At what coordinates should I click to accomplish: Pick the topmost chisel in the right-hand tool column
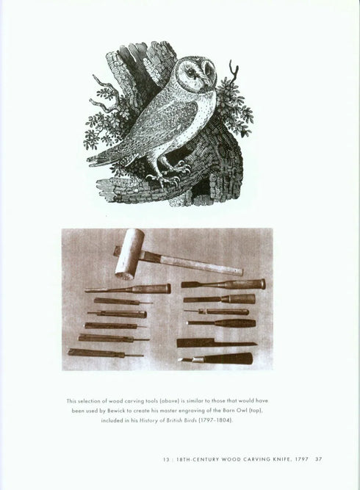pyautogui.click(x=223, y=284)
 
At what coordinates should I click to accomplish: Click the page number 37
pyautogui.click(x=319, y=460)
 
